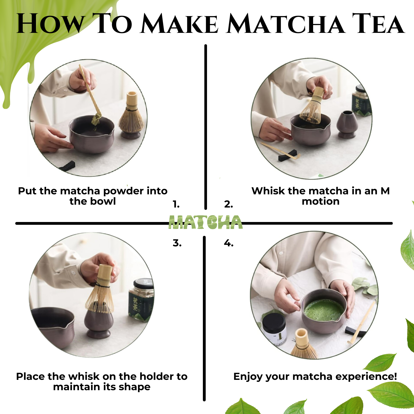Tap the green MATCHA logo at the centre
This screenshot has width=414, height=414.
[206, 222]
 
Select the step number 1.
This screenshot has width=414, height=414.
[176, 204]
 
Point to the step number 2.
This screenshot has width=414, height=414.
[228, 204]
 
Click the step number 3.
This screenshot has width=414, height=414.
[177, 243]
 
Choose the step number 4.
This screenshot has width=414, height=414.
[229, 243]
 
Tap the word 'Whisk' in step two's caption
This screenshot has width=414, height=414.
[268, 191]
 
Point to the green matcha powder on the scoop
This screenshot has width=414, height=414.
[97, 119]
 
